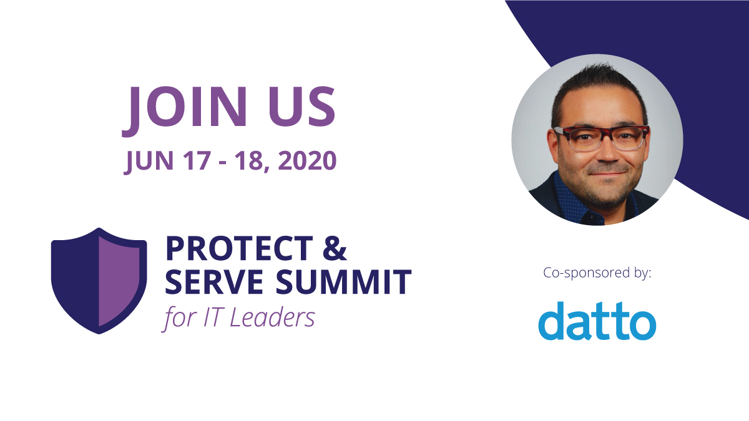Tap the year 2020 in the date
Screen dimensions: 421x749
tap(307, 161)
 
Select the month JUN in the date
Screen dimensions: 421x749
tap(149, 161)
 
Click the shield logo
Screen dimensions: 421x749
tap(99, 280)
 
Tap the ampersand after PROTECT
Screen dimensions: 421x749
tap(335, 249)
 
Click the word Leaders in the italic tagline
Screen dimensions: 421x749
tap(273, 317)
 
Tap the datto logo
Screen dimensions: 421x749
tap(597, 321)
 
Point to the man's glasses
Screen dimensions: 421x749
tap(601, 138)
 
